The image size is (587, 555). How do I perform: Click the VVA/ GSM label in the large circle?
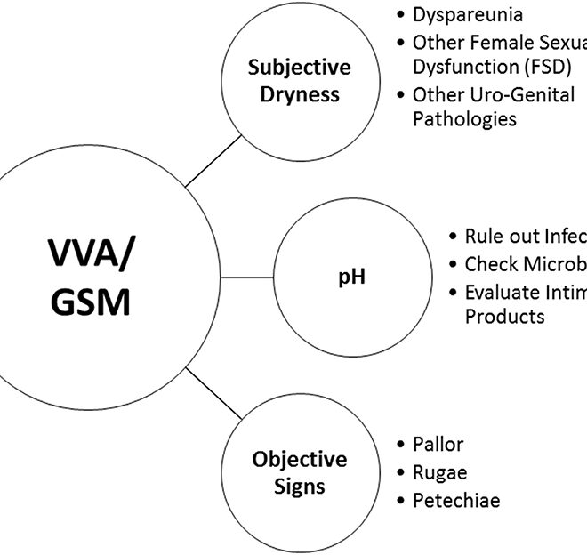click(x=88, y=277)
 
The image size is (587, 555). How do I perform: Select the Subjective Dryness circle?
click(x=287, y=80)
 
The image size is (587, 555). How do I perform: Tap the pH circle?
click(x=351, y=277)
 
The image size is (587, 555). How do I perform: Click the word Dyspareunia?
click(x=468, y=15)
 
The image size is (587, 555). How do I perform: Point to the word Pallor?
click(x=438, y=445)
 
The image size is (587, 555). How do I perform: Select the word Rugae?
click(x=439, y=472)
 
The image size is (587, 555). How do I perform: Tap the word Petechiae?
click(x=456, y=501)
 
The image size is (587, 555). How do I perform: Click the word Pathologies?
click(x=464, y=119)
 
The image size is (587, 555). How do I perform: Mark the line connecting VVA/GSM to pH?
click(x=250, y=277)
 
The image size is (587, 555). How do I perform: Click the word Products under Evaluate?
click(x=504, y=316)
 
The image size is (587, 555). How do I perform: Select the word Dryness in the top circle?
click(x=287, y=93)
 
